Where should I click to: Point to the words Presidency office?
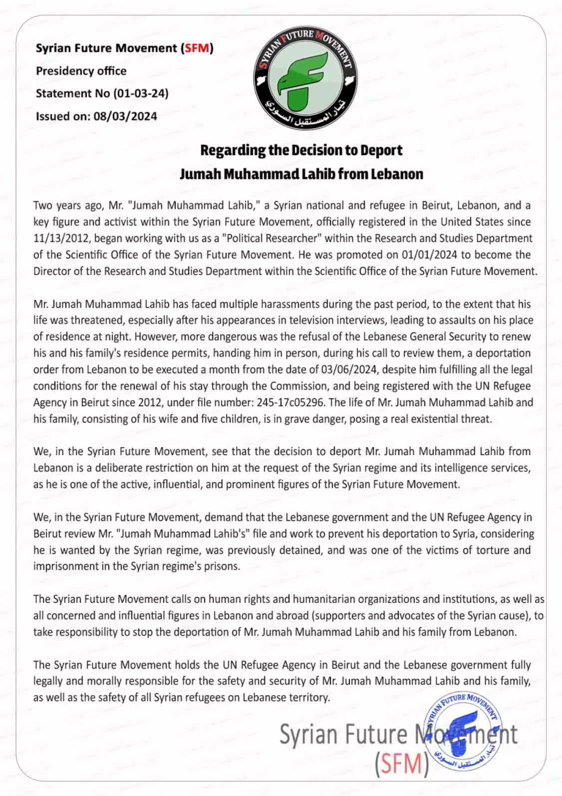81,71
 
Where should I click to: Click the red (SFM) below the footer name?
401,764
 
